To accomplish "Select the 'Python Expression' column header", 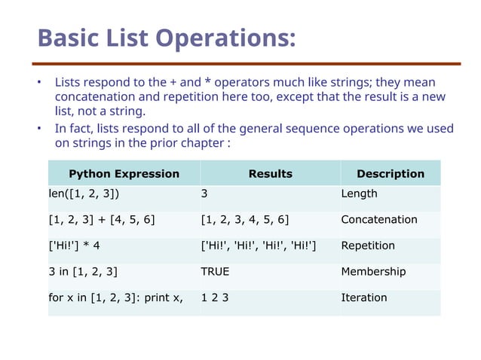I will click(x=124, y=174).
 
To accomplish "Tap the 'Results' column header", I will click(x=270, y=174).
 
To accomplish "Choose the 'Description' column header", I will click(x=390, y=174).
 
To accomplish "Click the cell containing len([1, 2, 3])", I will click(x=83, y=194).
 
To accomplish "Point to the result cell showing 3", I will click(x=205, y=194).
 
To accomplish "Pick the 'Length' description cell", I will click(x=359, y=194).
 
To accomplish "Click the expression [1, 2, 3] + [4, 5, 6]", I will click(x=102, y=220).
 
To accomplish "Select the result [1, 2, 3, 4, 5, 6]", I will click(x=245, y=220).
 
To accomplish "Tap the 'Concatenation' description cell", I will click(x=378, y=220).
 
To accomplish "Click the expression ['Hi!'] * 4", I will click(x=74, y=246).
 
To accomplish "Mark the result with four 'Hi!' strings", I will click(x=259, y=246).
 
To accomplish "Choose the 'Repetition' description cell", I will click(x=368, y=246).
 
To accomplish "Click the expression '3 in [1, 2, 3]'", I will click(x=83, y=271).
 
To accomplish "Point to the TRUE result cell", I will click(x=215, y=271).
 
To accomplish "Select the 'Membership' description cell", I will click(x=373, y=271).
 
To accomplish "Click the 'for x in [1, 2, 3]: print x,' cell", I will click(x=115, y=297).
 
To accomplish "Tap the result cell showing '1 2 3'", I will click(x=215, y=297).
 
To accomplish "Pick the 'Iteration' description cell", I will click(x=364, y=297).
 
